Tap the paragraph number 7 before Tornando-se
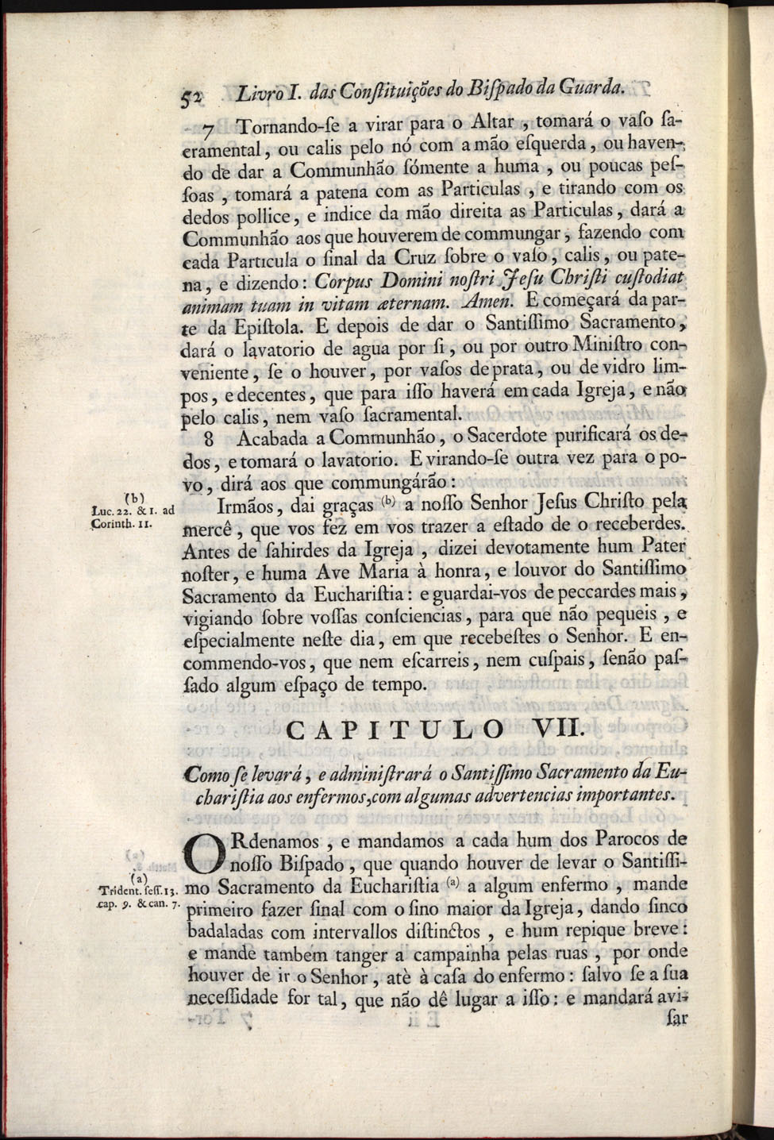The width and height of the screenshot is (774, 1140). coord(209,130)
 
